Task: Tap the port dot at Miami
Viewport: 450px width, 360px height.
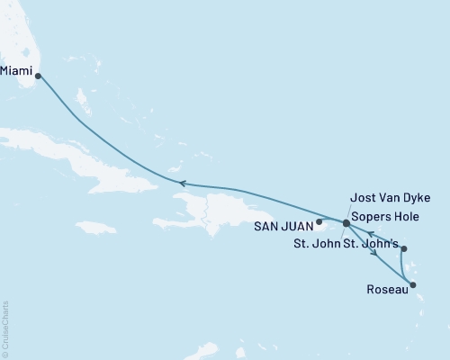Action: [37, 76]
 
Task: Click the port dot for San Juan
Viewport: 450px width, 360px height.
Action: [319, 220]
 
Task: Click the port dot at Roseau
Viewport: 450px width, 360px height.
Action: [413, 286]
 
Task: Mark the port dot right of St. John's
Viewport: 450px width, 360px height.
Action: [404, 249]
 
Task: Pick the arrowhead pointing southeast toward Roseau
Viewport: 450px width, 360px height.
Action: [373, 255]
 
